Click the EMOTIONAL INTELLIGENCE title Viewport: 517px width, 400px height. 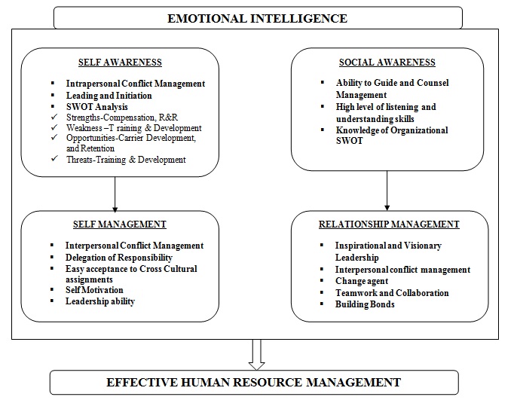[258, 17]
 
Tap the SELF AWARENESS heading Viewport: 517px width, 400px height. [120, 63]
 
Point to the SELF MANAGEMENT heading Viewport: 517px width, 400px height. [121, 224]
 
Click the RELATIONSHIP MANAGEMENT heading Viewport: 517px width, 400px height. [388, 224]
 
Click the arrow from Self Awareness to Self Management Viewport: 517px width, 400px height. [115, 194]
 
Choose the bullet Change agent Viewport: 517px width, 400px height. [361, 281]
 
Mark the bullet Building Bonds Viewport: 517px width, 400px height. [364, 304]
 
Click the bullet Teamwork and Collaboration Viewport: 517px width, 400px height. [391, 292]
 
